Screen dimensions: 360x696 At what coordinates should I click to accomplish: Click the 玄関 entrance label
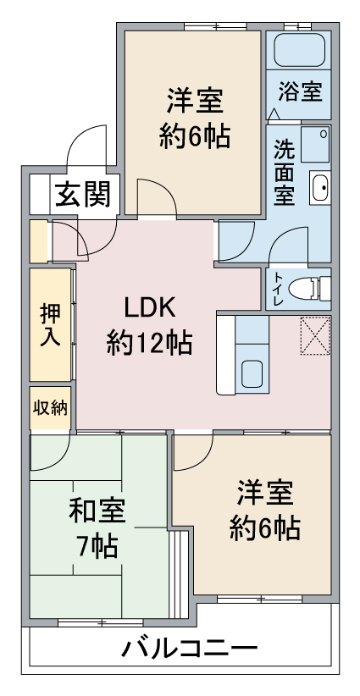83,195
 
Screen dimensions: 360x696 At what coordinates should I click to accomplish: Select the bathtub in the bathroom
299,50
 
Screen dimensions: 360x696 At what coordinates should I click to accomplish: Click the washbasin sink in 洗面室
319,187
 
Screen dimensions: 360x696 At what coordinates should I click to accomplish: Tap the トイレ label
278,289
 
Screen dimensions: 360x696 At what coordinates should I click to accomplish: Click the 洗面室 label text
284,172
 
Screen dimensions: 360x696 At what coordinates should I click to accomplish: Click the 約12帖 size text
149,342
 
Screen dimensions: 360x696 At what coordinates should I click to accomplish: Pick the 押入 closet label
50,325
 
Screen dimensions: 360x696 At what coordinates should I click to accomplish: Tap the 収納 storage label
51,408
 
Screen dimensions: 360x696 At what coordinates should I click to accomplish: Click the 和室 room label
97,511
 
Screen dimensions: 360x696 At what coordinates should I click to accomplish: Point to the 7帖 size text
97,546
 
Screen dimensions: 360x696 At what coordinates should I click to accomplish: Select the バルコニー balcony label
190,649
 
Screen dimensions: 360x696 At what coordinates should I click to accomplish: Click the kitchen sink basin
252,373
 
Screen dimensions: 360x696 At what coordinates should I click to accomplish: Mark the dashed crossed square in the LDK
315,335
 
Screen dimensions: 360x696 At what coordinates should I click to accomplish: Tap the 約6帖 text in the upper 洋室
195,136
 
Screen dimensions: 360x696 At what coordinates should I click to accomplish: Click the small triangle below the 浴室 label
274,114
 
